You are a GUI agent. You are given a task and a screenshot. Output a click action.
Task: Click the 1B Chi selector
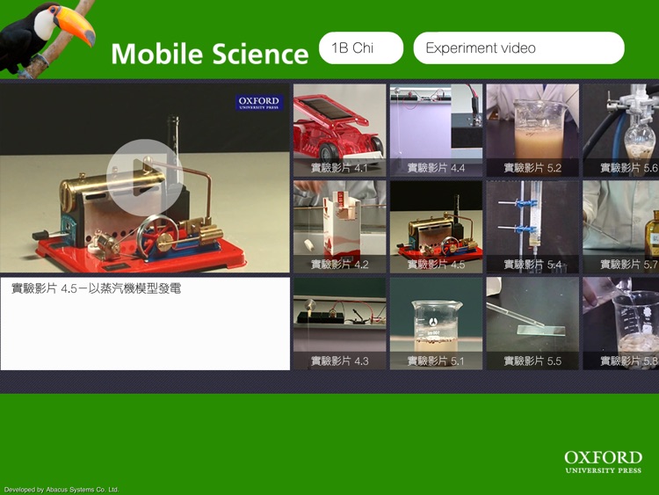(x=361, y=48)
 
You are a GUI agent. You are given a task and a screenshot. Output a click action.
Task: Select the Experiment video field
(x=518, y=48)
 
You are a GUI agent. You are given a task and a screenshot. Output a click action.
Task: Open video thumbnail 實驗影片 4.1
(x=339, y=130)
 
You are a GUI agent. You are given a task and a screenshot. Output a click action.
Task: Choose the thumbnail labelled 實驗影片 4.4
(x=436, y=130)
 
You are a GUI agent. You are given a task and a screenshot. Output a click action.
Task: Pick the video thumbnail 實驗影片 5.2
(x=532, y=130)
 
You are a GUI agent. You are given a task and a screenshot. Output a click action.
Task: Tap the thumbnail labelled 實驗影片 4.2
(x=339, y=227)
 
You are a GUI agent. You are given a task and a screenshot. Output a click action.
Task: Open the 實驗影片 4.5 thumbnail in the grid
(x=436, y=227)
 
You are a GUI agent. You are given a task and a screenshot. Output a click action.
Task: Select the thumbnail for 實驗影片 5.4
(x=532, y=227)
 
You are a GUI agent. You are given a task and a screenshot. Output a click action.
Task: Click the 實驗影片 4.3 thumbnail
(x=339, y=324)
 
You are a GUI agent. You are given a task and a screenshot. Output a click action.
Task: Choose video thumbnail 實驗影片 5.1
(x=436, y=324)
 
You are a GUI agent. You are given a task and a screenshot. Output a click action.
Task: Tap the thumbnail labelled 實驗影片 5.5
(x=532, y=324)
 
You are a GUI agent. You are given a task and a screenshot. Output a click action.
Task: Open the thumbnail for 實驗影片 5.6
(x=621, y=130)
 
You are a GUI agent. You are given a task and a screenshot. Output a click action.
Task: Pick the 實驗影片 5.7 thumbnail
(x=621, y=227)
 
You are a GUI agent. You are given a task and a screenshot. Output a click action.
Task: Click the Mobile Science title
(x=209, y=54)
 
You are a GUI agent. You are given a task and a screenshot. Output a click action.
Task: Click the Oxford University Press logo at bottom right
(x=603, y=462)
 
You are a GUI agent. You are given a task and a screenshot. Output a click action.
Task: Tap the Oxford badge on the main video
(x=259, y=103)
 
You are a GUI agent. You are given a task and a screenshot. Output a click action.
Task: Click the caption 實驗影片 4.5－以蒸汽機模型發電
(x=97, y=288)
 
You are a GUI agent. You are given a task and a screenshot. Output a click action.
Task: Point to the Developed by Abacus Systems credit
(x=62, y=490)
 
